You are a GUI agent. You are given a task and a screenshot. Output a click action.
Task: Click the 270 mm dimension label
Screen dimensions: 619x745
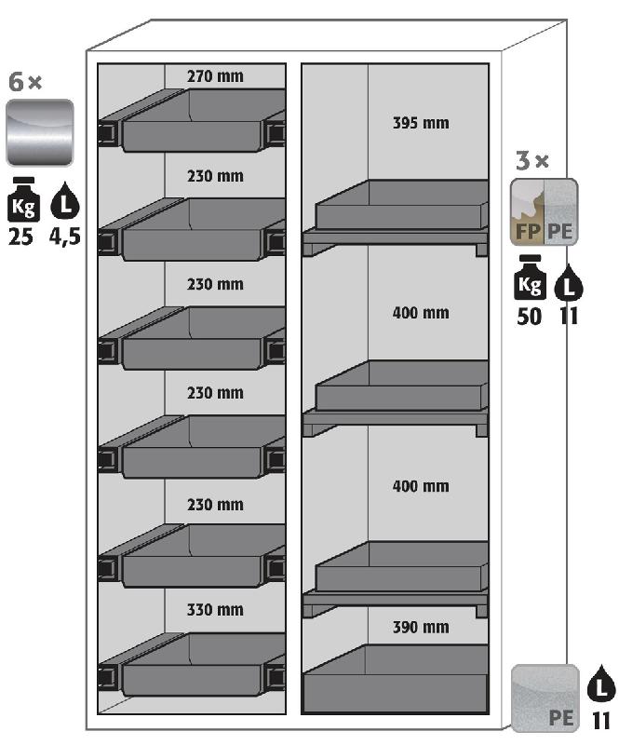coord(215,76)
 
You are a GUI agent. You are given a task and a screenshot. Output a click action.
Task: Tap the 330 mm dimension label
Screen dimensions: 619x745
coord(215,610)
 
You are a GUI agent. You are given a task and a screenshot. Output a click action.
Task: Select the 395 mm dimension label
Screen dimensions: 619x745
coord(421,123)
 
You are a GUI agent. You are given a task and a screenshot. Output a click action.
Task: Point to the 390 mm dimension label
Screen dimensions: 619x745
coord(421,627)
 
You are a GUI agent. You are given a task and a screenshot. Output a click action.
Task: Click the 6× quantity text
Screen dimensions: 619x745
coord(25,82)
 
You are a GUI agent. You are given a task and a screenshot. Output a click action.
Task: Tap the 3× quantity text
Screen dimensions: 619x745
coord(532,161)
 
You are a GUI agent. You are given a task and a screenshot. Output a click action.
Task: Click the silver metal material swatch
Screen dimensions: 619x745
coord(40,132)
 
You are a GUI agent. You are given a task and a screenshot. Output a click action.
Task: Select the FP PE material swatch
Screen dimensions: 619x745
coord(545,212)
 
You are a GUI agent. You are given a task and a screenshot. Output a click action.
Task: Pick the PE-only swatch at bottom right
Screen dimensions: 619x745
coord(545,698)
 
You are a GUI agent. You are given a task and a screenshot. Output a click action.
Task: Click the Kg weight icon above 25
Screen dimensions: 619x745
coord(23,199)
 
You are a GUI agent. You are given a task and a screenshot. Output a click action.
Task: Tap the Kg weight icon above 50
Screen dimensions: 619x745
coord(530,278)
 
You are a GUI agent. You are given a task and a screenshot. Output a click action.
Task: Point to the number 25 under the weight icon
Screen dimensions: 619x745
coord(20,237)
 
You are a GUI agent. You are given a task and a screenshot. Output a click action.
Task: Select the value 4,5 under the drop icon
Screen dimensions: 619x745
coord(65,237)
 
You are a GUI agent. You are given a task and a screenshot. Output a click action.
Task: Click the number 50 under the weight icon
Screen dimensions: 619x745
coord(530,317)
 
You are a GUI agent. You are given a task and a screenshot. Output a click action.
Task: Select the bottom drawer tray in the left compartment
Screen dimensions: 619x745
coord(192,664)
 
